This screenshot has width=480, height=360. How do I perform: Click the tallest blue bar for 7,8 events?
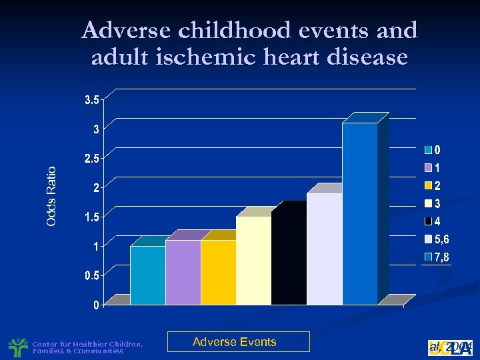click(359, 213)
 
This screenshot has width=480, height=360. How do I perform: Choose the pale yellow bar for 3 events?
click(253, 260)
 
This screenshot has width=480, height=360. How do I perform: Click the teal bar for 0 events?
click(147, 275)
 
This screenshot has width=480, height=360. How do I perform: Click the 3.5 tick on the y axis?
click(91, 100)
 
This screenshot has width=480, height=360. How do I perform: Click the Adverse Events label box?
click(238, 342)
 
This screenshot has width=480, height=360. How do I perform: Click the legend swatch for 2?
click(429, 186)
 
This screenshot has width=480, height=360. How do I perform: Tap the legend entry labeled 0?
click(437, 149)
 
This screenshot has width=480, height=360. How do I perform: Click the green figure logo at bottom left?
click(17, 347)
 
